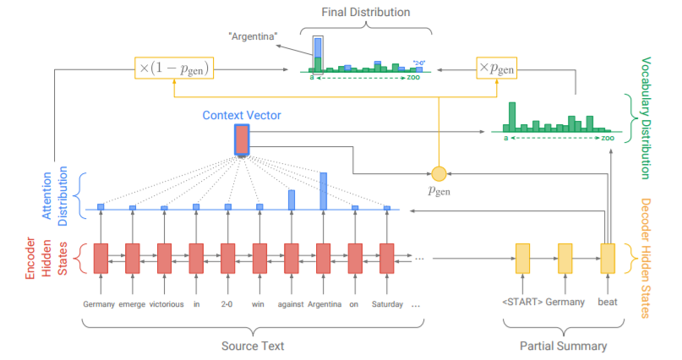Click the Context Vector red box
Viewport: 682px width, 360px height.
[x=242, y=140]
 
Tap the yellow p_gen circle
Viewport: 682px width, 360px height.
[x=438, y=173]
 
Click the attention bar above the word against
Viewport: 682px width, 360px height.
[x=292, y=199]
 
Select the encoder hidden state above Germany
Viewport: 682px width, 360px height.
[x=101, y=258]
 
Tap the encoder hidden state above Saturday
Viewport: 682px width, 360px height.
[x=386, y=258]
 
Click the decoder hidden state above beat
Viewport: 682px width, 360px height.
[x=608, y=258]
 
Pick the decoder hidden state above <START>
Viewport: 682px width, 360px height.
[x=522, y=258]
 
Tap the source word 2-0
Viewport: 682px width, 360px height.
[x=227, y=303]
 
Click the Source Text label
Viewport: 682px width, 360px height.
[x=253, y=346]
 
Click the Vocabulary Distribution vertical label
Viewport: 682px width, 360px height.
[x=646, y=118]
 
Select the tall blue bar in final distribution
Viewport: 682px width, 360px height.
[x=317, y=52]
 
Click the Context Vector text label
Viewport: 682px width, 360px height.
[x=241, y=113]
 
